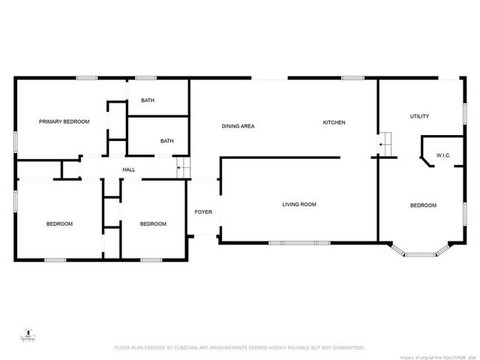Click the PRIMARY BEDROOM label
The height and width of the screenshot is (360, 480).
point(64,121)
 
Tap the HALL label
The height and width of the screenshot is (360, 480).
point(129,170)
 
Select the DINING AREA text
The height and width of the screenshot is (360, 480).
point(238,126)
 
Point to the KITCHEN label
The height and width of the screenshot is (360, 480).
point(334,123)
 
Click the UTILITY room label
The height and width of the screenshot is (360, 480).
point(419,116)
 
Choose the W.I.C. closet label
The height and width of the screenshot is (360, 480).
point(443,156)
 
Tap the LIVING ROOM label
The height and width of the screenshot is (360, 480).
point(299,204)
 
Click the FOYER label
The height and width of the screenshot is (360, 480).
point(203,212)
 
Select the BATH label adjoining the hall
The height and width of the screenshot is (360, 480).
point(166,140)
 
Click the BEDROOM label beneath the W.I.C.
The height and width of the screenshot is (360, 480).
point(422,205)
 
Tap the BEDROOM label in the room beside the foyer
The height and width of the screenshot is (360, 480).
point(153,223)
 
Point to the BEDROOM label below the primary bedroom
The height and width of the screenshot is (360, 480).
point(59,223)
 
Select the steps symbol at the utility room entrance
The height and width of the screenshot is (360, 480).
point(385,140)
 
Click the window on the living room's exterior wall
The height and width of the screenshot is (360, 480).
point(299,242)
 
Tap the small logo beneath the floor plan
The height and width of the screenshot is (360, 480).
point(27,336)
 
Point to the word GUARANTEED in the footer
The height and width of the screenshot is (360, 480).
point(346,348)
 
